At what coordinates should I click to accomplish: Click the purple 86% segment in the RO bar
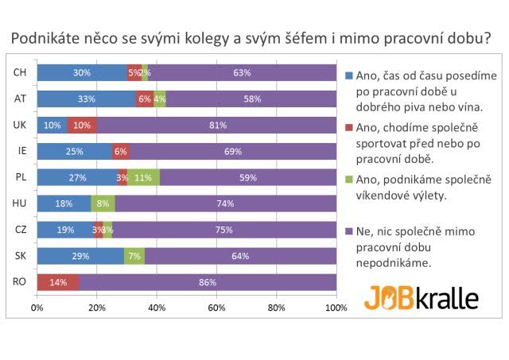click(207, 282)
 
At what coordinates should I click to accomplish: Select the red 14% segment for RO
click(57, 282)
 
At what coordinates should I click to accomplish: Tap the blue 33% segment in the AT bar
click(86, 99)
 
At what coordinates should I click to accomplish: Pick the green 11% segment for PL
click(143, 178)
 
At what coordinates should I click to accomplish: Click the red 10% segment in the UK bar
click(81, 126)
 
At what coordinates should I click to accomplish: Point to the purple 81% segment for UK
click(216, 126)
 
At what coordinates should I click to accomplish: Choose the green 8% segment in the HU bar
click(103, 204)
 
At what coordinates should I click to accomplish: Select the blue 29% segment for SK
click(80, 256)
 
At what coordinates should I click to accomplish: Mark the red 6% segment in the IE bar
click(120, 152)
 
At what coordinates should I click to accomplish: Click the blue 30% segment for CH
click(81, 73)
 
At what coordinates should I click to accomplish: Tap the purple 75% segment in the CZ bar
click(224, 230)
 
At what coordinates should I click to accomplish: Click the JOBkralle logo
click(422, 297)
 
